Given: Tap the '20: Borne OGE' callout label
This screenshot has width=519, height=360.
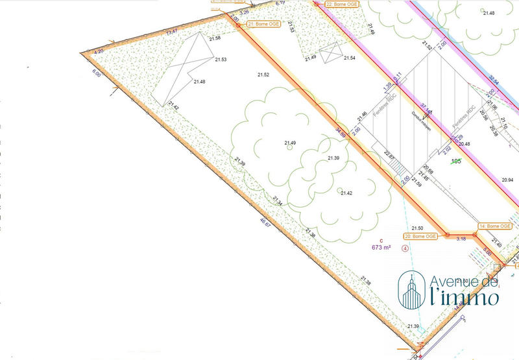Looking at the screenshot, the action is click(424, 237).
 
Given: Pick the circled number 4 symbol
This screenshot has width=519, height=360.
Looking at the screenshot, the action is click(405, 248).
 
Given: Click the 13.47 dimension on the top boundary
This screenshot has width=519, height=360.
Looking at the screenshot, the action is click(172, 32).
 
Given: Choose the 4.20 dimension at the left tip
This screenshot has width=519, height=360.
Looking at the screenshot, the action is click(99, 51).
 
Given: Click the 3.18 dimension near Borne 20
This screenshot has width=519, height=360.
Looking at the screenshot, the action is click(461, 239).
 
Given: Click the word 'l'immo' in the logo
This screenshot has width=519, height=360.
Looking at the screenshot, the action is click(465, 298).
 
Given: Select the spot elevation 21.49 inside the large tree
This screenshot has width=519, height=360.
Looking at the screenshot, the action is click(289, 143).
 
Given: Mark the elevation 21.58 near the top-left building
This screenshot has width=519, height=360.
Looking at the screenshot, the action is click(215, 38).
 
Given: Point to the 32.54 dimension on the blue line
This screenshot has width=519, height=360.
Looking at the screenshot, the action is click(494, 80).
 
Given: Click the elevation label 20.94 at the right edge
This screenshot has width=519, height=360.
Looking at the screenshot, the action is click(507, 179).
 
